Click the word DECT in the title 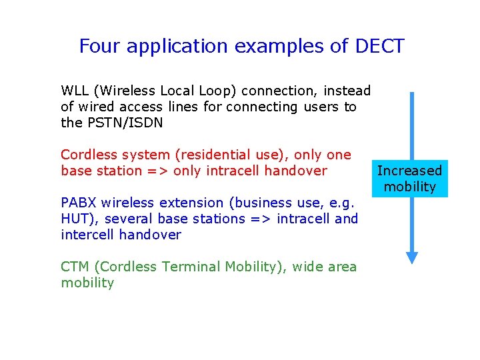[380, 46]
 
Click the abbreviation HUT [75, 219]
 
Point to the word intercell [88, 235]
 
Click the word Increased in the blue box [409, 171]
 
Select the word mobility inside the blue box [409, 187]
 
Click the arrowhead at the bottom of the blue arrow [412, 257]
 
